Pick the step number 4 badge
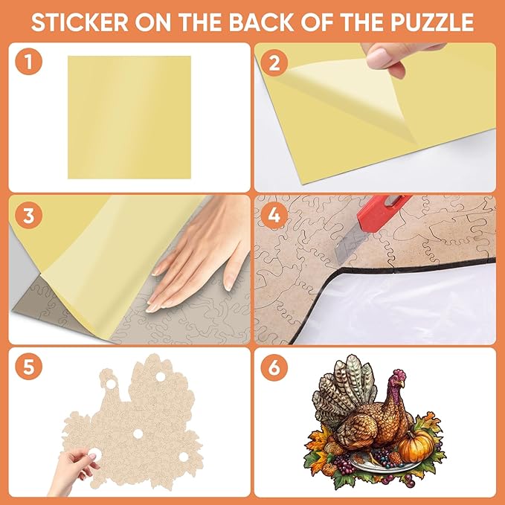274,216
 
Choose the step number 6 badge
274,367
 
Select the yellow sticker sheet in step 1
129,117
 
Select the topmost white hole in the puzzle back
158,378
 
